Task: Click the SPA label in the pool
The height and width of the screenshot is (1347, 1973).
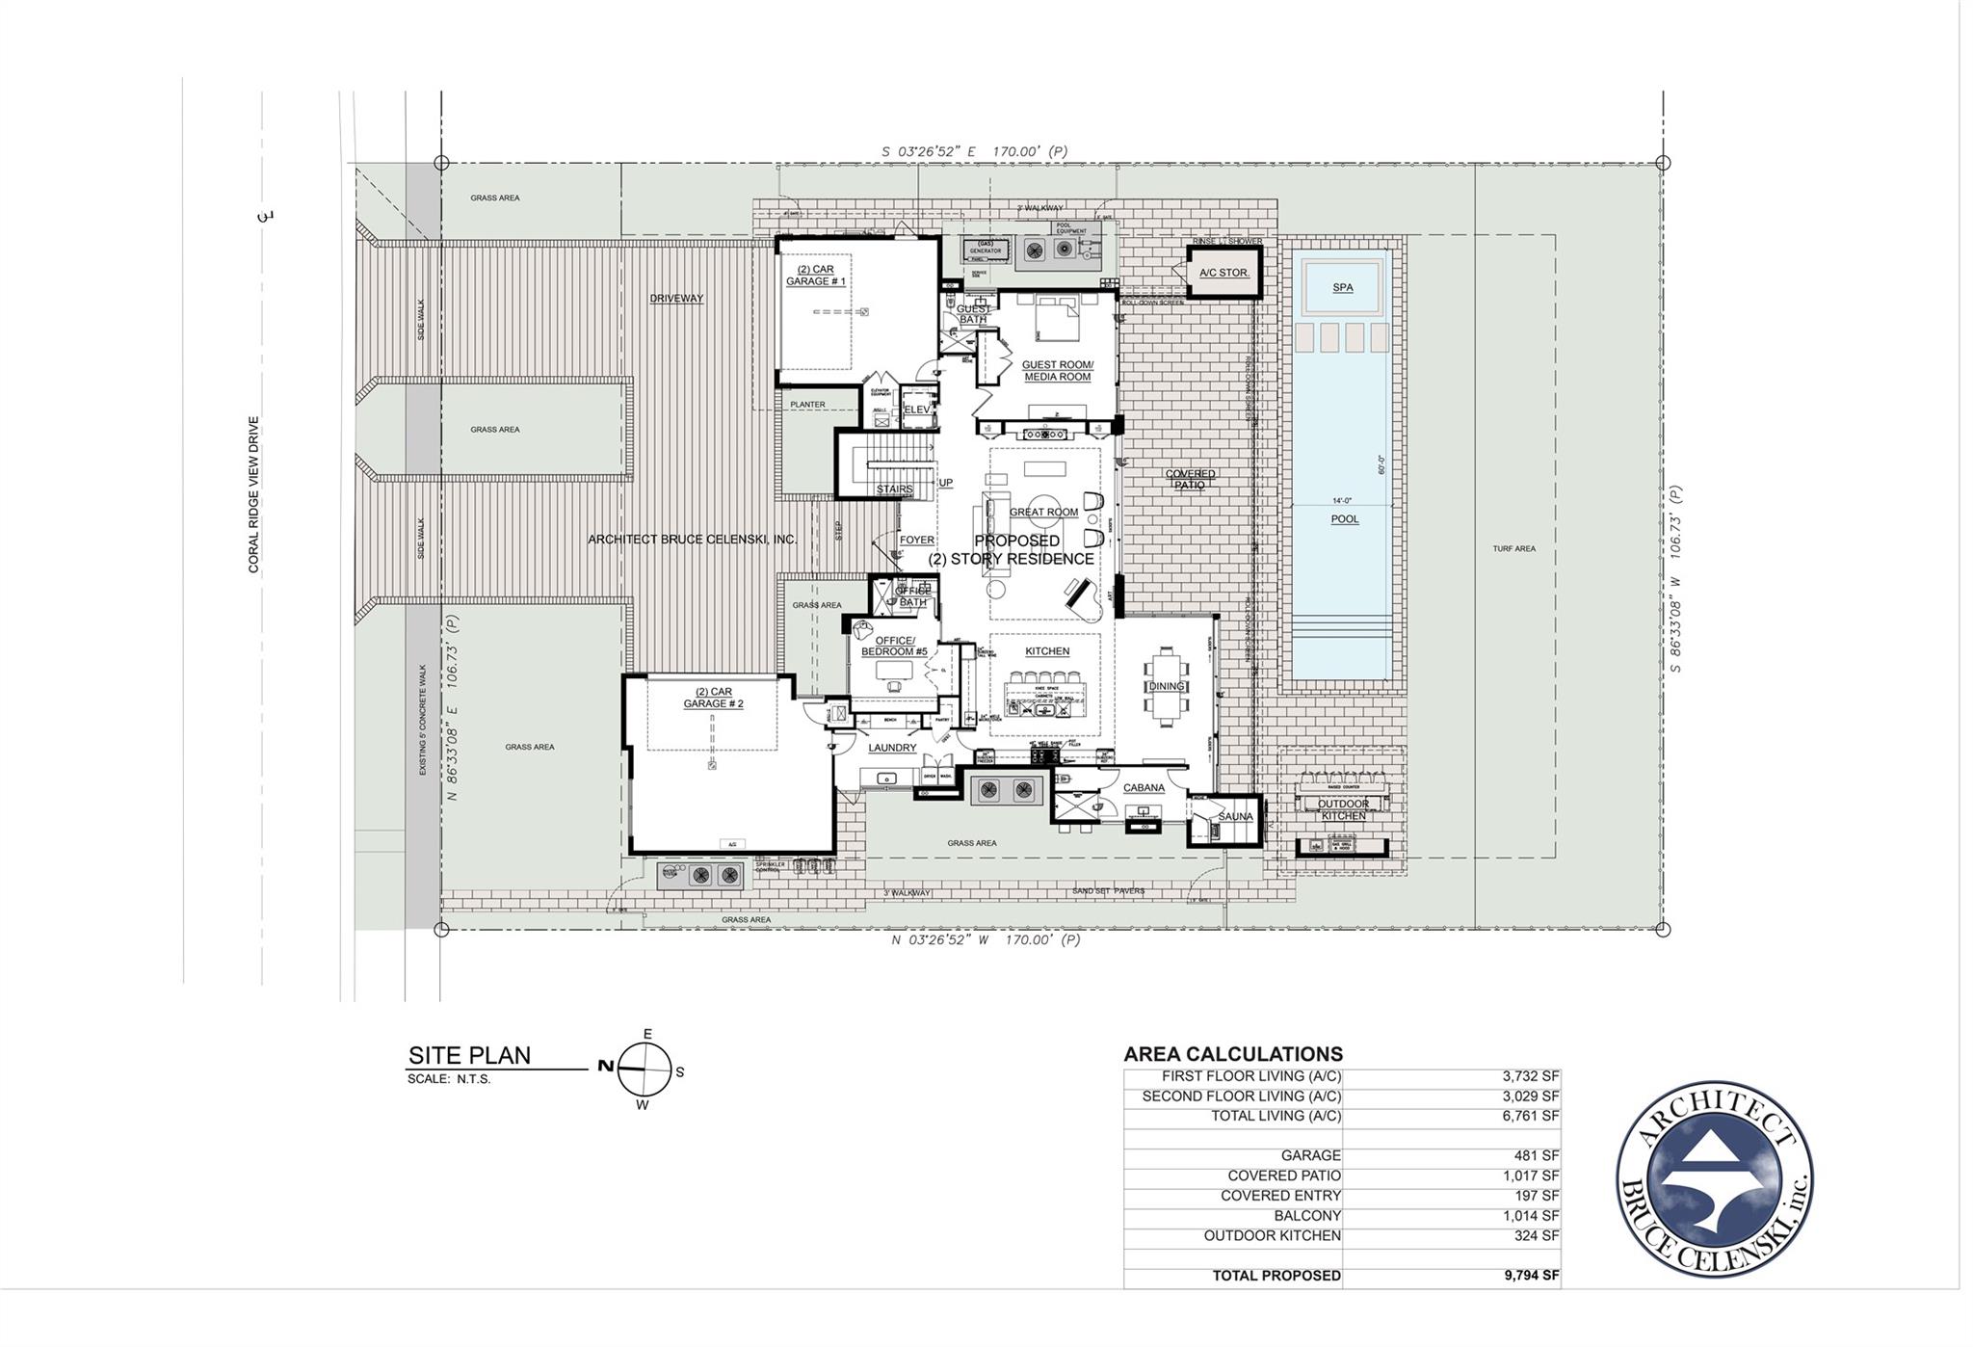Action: (x=1342, y=288)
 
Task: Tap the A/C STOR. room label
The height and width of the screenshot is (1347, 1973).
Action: (x=1223, y=273)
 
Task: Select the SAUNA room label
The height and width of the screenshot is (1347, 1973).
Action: (x=1235, y=817)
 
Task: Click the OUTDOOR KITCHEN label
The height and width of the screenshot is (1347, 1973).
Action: (x=1343, y=810)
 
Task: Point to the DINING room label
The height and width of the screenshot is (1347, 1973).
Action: (x=1166, y=687)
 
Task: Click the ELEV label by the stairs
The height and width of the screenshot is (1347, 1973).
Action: (x=917, y=409)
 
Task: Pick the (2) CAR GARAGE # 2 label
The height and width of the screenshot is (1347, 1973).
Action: (x=713, y=699)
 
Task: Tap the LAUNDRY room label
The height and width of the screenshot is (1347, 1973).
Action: (x=892, y=748)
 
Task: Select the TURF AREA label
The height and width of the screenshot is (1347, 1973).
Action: (x=1513, y=549)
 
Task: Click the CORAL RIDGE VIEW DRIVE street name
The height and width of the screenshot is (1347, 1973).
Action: (x=254, y=495)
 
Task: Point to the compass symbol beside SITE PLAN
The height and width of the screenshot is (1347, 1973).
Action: (x=644, y=1070)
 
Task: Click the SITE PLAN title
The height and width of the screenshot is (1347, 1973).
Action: (x=469, y=1056)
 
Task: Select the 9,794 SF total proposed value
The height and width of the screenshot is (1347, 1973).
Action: (x=1531, y=1276)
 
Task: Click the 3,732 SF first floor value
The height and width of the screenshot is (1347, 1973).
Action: (x=1530, y=1076)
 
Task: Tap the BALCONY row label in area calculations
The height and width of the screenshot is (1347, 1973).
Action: (x=1306, y=1216)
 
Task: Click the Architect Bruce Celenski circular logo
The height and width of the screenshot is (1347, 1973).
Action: (x=1714, y=1178)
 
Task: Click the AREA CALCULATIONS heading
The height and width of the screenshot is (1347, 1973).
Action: (x=1232, y=1054)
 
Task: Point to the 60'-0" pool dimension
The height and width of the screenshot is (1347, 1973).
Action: (x=1381, y=465)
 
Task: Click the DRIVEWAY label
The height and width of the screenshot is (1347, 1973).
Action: (x=676, y=299)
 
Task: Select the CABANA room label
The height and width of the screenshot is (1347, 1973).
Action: (x=1144, y=788)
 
